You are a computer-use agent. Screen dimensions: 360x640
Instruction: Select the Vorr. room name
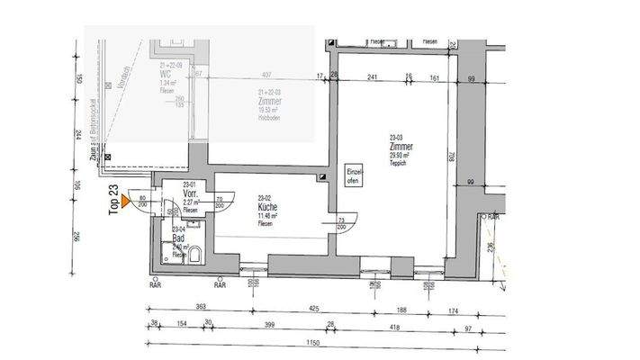[x=191, y=193]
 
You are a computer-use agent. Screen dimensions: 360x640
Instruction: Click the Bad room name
[x=179, y=237]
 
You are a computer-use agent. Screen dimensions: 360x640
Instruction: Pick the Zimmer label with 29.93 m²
[x=401, y=145]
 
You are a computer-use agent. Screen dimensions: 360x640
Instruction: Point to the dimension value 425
[x=313, y=309]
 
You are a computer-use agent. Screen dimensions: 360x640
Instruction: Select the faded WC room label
[x=166, y=74]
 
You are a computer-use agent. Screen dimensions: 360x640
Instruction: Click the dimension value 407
[x=266, y=76]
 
